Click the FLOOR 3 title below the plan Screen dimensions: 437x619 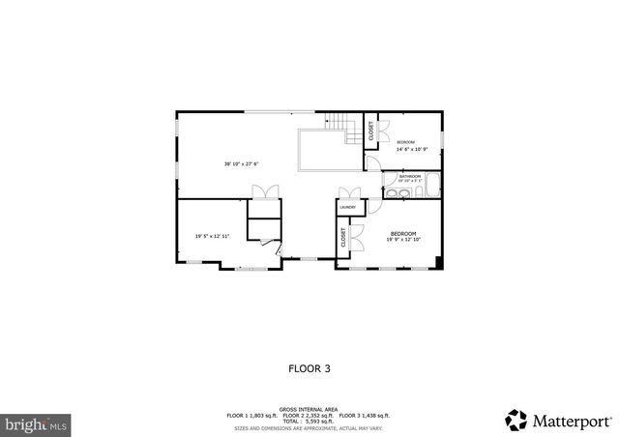pos(309,367)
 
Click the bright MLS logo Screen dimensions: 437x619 pos(35,423)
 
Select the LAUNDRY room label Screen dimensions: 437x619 pos(347,207)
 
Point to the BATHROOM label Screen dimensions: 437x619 pos(410,176)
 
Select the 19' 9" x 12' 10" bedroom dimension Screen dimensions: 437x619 pos(403,241)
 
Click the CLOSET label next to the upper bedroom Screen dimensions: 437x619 pos(371,130)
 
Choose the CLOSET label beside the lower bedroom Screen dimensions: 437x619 pos(343,237)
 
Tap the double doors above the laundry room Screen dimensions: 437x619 pos(350,193)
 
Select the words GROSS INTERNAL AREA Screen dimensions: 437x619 pos(309,410)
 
